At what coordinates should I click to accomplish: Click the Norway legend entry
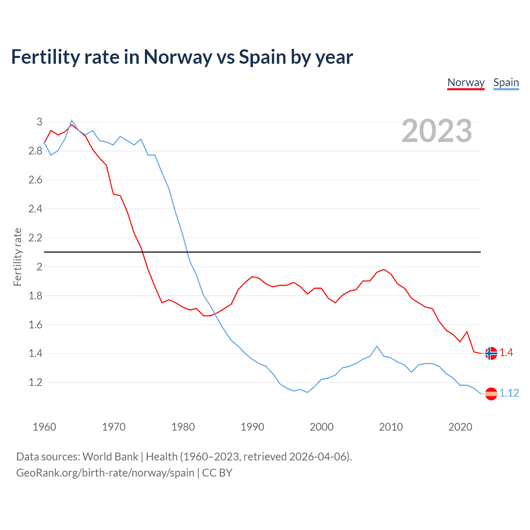[x=466, y=82]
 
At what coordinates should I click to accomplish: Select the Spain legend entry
[x=506, y=82]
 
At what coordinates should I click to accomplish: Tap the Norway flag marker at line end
[x=491, y=353]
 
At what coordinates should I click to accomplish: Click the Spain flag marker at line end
[x=491, y=393]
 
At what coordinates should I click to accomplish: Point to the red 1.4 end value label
[x=506, y=352]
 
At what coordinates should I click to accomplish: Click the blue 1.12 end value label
[x=509, y=393]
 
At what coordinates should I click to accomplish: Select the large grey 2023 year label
[x=436, y=131]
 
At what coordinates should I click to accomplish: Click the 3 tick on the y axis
[x=39, y=122]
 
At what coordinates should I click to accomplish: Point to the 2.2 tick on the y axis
[x=36, y=238]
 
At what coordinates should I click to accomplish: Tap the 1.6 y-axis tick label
[x=36, y=325]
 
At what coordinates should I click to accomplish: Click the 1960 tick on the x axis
[x=44, y=427]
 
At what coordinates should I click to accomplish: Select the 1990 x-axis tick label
[x=252, y=427]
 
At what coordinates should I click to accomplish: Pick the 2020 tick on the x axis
[x=460, y=427]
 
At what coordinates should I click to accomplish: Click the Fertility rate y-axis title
[x=17, y=257]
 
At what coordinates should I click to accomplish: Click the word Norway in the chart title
[x=178, y=57]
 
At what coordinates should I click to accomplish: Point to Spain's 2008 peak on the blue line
[x=377, y=346]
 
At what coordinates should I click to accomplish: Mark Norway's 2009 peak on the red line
[x=384, y=270]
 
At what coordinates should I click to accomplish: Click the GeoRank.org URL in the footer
[x=105, y=473]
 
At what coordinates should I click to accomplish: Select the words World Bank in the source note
[x=110, y=457]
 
